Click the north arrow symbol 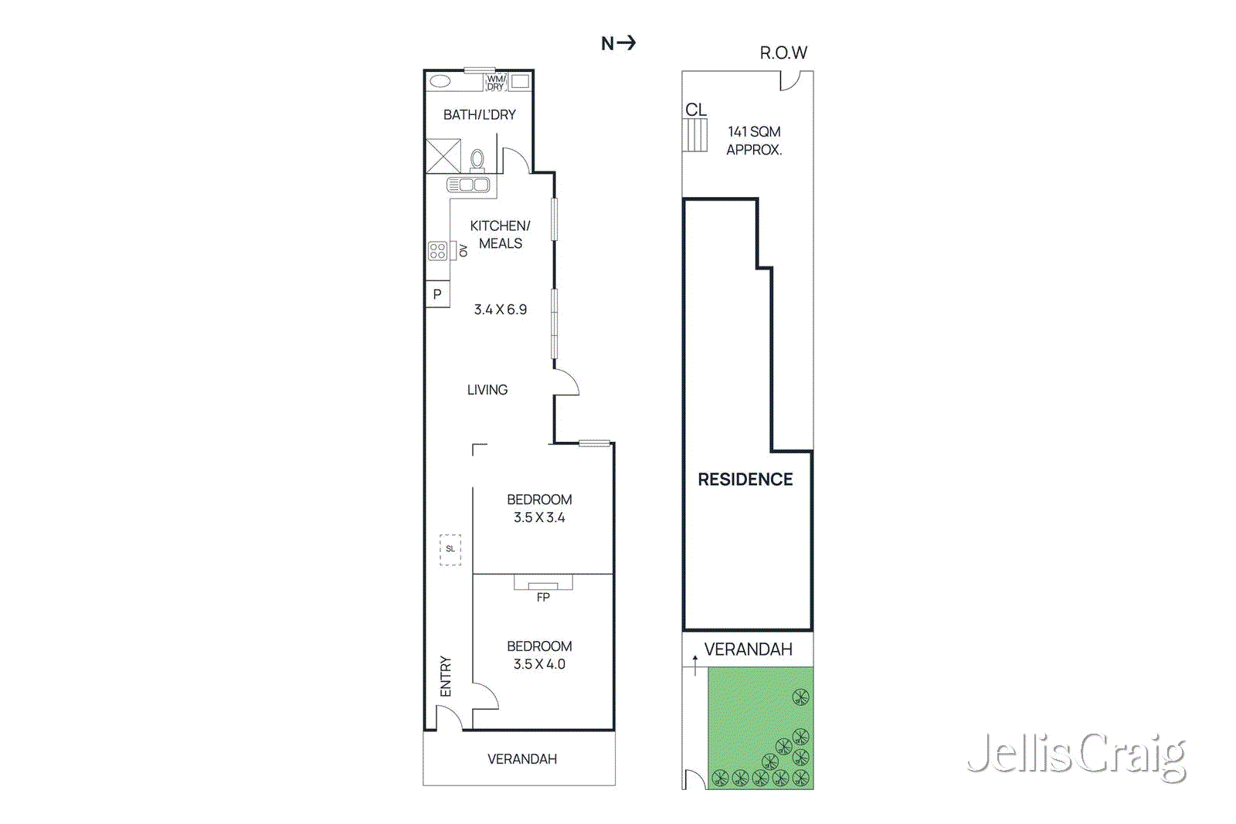[619, 43]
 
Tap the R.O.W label [783, 53]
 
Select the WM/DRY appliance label [495, 83]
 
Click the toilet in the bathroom [477, 160]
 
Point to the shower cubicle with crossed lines [443, 155]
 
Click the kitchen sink [468, 185]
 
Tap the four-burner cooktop [437, 250]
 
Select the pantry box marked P [437, 294]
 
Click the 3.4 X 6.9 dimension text [500, 310]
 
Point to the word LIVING [487, 390]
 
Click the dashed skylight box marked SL [450, 549]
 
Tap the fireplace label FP [543, 597]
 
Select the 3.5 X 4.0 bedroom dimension [539, 664]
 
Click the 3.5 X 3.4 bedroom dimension [539, 517]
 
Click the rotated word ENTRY [446, 676]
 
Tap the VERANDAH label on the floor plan [521, 759]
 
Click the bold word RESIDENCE [745, 480]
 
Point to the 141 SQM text [754, 132]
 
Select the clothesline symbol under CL [695, 135]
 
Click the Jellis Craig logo [1076, 755]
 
